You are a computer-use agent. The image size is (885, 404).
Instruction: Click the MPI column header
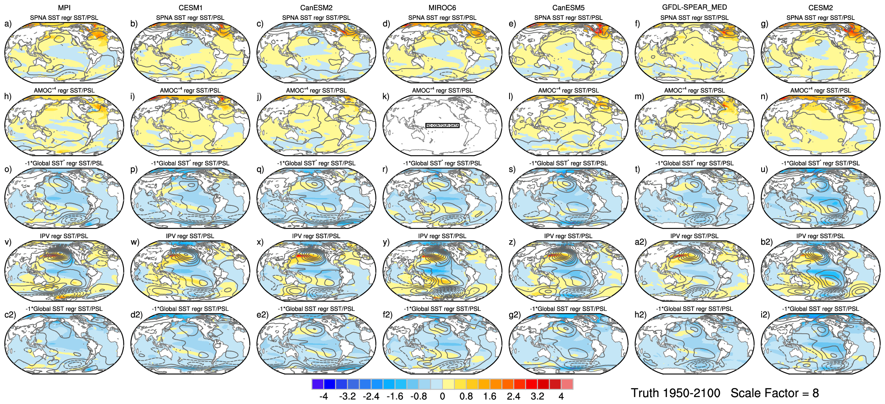(64, 8)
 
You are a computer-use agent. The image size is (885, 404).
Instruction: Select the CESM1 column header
(190, 8)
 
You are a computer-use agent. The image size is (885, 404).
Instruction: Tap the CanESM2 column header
(316, 8)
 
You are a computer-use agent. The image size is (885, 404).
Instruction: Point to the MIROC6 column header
(442, 8)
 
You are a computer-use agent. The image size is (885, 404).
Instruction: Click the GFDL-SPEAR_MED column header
(694, 7)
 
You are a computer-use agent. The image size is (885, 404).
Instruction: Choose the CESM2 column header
(820, 8)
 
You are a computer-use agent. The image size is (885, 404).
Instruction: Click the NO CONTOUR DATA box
(442, 125)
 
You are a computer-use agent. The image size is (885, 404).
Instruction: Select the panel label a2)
(640, 242)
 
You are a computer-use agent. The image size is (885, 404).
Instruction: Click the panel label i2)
(765, 315)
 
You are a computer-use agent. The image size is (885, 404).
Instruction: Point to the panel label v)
(8, 242)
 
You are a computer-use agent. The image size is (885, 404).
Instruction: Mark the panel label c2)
(10, 315)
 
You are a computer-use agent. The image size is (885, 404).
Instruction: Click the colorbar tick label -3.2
(347, 396)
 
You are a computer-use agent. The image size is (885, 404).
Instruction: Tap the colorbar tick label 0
(442, 396)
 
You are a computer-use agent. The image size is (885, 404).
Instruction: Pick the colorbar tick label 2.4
(514, 396)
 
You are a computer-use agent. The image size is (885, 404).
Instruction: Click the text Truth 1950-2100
(675, 393)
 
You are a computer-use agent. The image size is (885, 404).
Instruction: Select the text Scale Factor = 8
(775, 393)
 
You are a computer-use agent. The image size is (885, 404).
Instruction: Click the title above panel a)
(64, 18)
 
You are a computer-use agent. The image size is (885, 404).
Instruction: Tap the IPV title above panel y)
(442, 236)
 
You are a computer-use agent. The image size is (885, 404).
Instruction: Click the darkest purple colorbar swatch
(317, 384)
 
